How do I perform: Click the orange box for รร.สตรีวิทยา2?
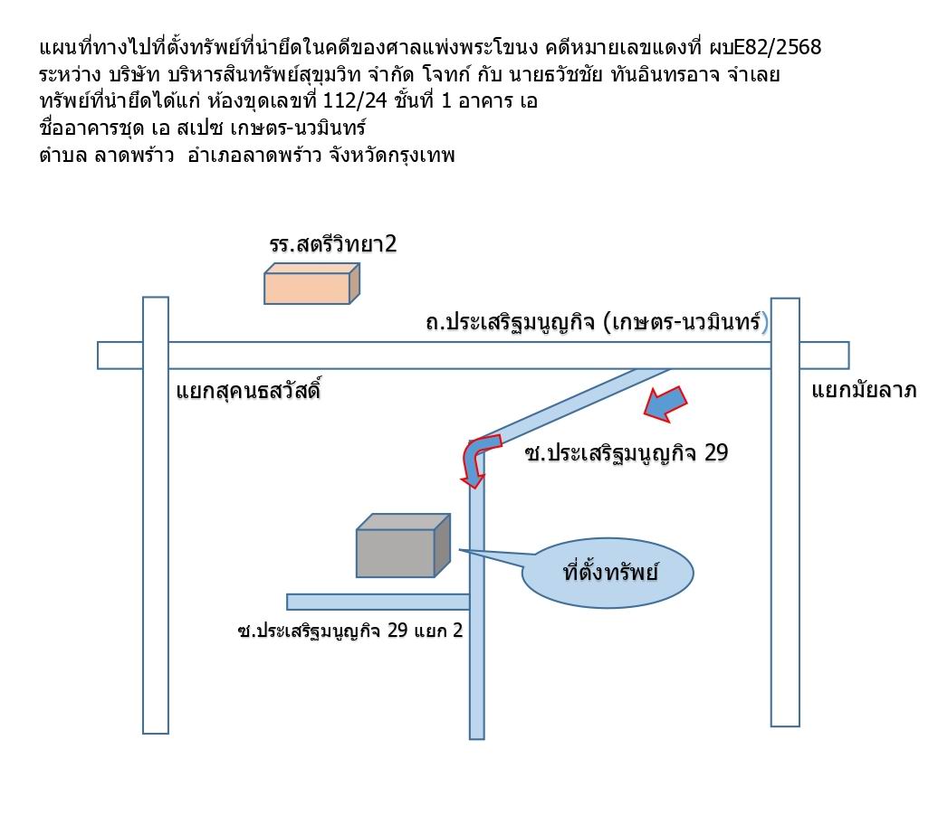click(x=311, y=284)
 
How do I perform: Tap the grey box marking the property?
click(x=403, y=546)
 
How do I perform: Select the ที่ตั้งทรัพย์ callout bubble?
click(x=608, y=573)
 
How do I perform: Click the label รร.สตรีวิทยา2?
click(x=332, y=244)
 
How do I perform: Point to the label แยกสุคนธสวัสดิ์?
click(x=248, y=392)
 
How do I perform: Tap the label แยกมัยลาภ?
click(x=864, y=390)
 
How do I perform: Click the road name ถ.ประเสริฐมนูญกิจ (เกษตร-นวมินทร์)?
click(x=597, y=322)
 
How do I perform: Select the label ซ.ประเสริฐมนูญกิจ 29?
click(x=626, y=453)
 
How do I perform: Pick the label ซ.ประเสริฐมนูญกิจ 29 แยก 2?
click(x=350, y=630)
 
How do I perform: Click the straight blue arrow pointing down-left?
click(x=665, y=404)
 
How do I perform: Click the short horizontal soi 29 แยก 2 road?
click(x=378, y=602)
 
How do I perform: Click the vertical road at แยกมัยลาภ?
click(x=785, y=512)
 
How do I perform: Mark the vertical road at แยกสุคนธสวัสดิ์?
click(x=156, y=516)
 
